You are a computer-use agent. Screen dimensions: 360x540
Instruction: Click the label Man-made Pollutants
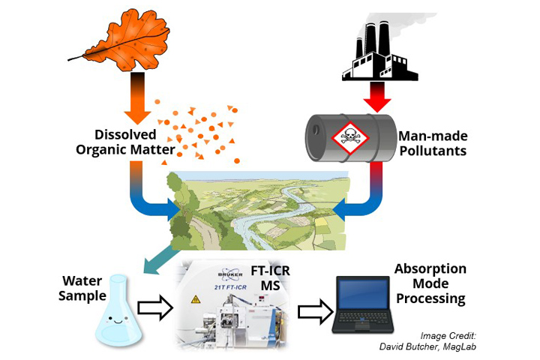coord(432,142)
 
